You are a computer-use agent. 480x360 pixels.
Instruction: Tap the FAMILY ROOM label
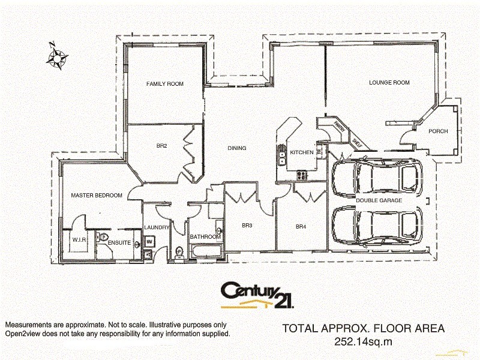coord(165,84)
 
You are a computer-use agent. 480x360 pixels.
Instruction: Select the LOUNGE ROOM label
coord(389,83)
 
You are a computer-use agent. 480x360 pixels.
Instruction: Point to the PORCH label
coord(438,131)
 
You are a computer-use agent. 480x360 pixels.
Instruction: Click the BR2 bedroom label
coord(161,145)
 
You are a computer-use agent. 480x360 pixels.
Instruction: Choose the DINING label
coord(237,148)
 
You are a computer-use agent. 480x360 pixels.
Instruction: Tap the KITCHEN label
coord(301,153)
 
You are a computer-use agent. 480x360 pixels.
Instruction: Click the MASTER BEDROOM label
coord(97,196)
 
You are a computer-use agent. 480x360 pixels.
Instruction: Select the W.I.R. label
coord(80,240)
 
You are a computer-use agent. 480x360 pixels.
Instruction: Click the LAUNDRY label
coord(157,227)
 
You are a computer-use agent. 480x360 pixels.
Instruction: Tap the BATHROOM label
coord(205,237)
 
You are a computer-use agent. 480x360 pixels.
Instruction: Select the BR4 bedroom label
coord(301,227)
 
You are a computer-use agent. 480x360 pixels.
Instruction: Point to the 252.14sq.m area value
coord(363,341)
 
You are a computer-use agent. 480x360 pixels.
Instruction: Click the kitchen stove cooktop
coord(302,175)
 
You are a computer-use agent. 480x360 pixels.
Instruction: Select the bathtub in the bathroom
coord(205,251)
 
